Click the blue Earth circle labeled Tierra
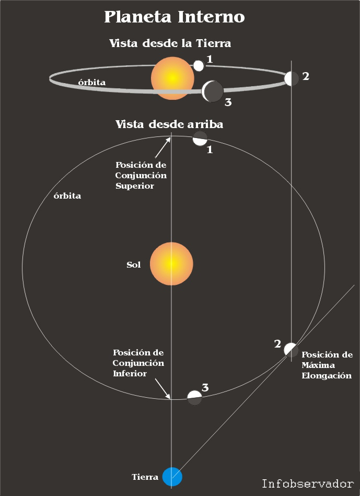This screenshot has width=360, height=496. (172, 476)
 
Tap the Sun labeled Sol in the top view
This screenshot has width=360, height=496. (171, 264)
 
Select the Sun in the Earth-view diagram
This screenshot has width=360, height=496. (172, 78)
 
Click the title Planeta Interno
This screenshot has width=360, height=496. (174, 17)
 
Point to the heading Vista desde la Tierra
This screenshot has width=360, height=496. (170, 43)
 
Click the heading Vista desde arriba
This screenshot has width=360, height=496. (169, 124)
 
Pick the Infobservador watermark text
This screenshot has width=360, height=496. (308, 483)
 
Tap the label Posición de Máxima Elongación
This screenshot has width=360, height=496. (327, 365)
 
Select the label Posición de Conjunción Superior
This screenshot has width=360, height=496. (141, 175)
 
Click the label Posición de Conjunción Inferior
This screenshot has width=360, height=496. (138, 363)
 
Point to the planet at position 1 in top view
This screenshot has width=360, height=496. (200, 139)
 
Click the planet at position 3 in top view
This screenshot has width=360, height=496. (194, 398)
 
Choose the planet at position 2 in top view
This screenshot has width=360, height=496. (291, 350)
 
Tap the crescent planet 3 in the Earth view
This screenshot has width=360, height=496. (212, 91)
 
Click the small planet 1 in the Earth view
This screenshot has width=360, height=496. (199, 65)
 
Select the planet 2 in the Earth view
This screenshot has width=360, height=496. (292, 78)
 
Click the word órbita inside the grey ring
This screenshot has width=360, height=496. (91, 83)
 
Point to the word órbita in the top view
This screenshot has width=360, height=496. (67, 197)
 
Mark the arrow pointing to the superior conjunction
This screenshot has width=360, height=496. (162, 147)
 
